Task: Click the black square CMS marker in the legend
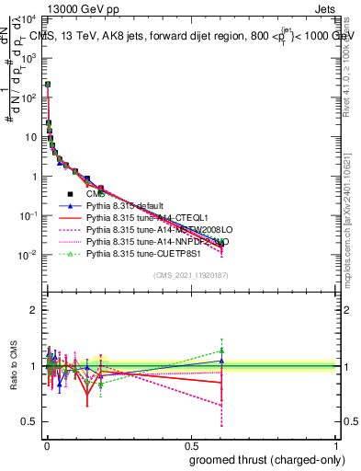[71, 194]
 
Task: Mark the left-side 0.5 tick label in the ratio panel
[30, 421]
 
